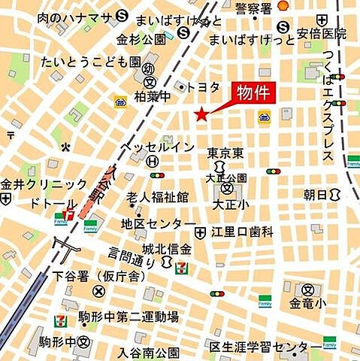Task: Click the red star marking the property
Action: (201, 114)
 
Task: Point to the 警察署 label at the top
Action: (253, 8)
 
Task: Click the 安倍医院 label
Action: (322, 34)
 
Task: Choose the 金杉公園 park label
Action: (142, 38)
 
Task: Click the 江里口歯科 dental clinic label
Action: (242, 231)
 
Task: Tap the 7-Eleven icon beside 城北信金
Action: (180, 266)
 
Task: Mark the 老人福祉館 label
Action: (157, 197)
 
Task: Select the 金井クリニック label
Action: (44, 184)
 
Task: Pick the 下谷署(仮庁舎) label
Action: (99, 276)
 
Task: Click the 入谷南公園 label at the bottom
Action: (148, 352)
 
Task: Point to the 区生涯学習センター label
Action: (257, 347)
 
